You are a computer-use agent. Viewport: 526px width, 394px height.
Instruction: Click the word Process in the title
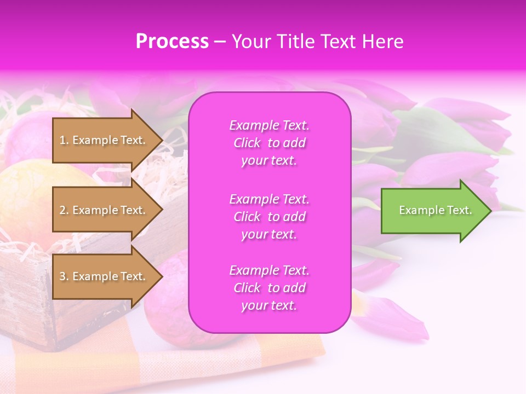[x=172, y=42]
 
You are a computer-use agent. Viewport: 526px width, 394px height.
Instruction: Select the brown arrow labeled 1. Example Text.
[x=104, y=140]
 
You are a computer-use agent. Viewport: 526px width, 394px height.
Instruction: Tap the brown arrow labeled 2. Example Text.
[x=104, y=210]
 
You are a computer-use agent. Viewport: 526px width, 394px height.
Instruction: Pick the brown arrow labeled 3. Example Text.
[x=104, y=276]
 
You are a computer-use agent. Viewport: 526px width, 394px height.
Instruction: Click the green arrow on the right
[x=433, y=211]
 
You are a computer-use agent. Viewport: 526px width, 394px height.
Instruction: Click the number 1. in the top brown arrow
[x=64, y=140]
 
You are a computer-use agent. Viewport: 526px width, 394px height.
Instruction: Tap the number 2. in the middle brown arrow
[x=64, y=210]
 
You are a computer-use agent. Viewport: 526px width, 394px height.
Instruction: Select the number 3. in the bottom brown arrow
[x=64, y=276]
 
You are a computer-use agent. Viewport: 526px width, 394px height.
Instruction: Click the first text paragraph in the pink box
[x=269, y=143]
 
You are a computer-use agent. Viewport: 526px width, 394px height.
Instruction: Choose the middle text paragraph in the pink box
[x=269, y=217]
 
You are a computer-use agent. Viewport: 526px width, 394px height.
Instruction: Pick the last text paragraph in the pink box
[x=269, y=288]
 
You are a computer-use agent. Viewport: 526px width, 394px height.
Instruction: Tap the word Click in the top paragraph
[x=247, y=143]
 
